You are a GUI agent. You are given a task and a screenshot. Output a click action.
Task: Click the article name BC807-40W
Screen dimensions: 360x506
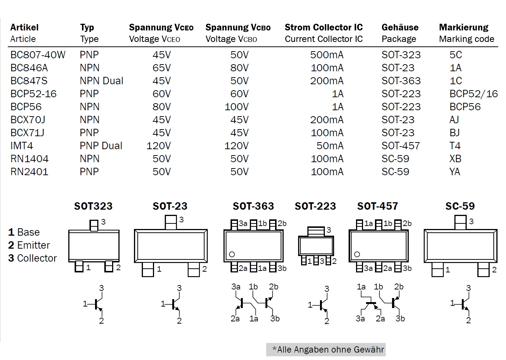[x=38, y=55]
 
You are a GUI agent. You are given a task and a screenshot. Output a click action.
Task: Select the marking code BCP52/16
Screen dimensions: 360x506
[x=473, y=94]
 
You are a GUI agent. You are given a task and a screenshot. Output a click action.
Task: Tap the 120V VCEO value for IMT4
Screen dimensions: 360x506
[x=159, y=146]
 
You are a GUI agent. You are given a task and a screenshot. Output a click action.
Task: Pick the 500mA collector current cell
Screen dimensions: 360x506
[x=327, y=55]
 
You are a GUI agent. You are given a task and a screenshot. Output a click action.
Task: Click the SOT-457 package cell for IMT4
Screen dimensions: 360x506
[x=401, y=146]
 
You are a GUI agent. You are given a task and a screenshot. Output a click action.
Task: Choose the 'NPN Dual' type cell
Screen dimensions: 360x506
[x=101, y=81]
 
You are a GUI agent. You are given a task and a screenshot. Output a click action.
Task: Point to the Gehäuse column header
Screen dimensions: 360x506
[x=400, y=27]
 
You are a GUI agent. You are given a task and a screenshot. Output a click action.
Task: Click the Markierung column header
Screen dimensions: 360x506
[x=464, y=27]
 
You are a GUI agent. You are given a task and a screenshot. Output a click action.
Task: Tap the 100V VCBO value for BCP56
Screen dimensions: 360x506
[x=236, y=107]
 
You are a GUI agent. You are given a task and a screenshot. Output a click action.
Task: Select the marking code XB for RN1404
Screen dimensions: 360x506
[x=455, y=159]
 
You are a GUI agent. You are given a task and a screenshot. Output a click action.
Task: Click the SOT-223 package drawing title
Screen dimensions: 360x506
[x=315, y=206]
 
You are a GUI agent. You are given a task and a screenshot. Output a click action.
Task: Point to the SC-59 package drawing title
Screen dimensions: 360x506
[x=460, y=206]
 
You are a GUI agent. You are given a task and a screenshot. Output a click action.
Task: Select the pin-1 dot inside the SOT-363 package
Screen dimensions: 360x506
[x=232, y=255]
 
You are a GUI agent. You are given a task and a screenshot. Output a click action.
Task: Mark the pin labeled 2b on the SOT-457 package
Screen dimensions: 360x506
[x=398, y=224]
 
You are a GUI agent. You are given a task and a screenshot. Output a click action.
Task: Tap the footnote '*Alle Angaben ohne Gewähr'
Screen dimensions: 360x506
[x=328, y=350]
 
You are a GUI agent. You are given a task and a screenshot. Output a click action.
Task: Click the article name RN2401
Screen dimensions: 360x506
[x=29, y=172]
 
